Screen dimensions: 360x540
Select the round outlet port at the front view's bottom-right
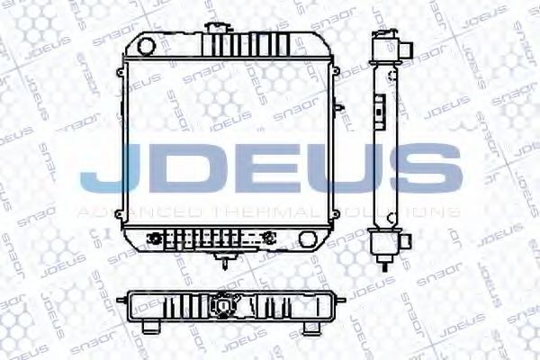click(308, 240)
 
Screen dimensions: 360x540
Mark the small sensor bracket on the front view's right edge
click(339, 108)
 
